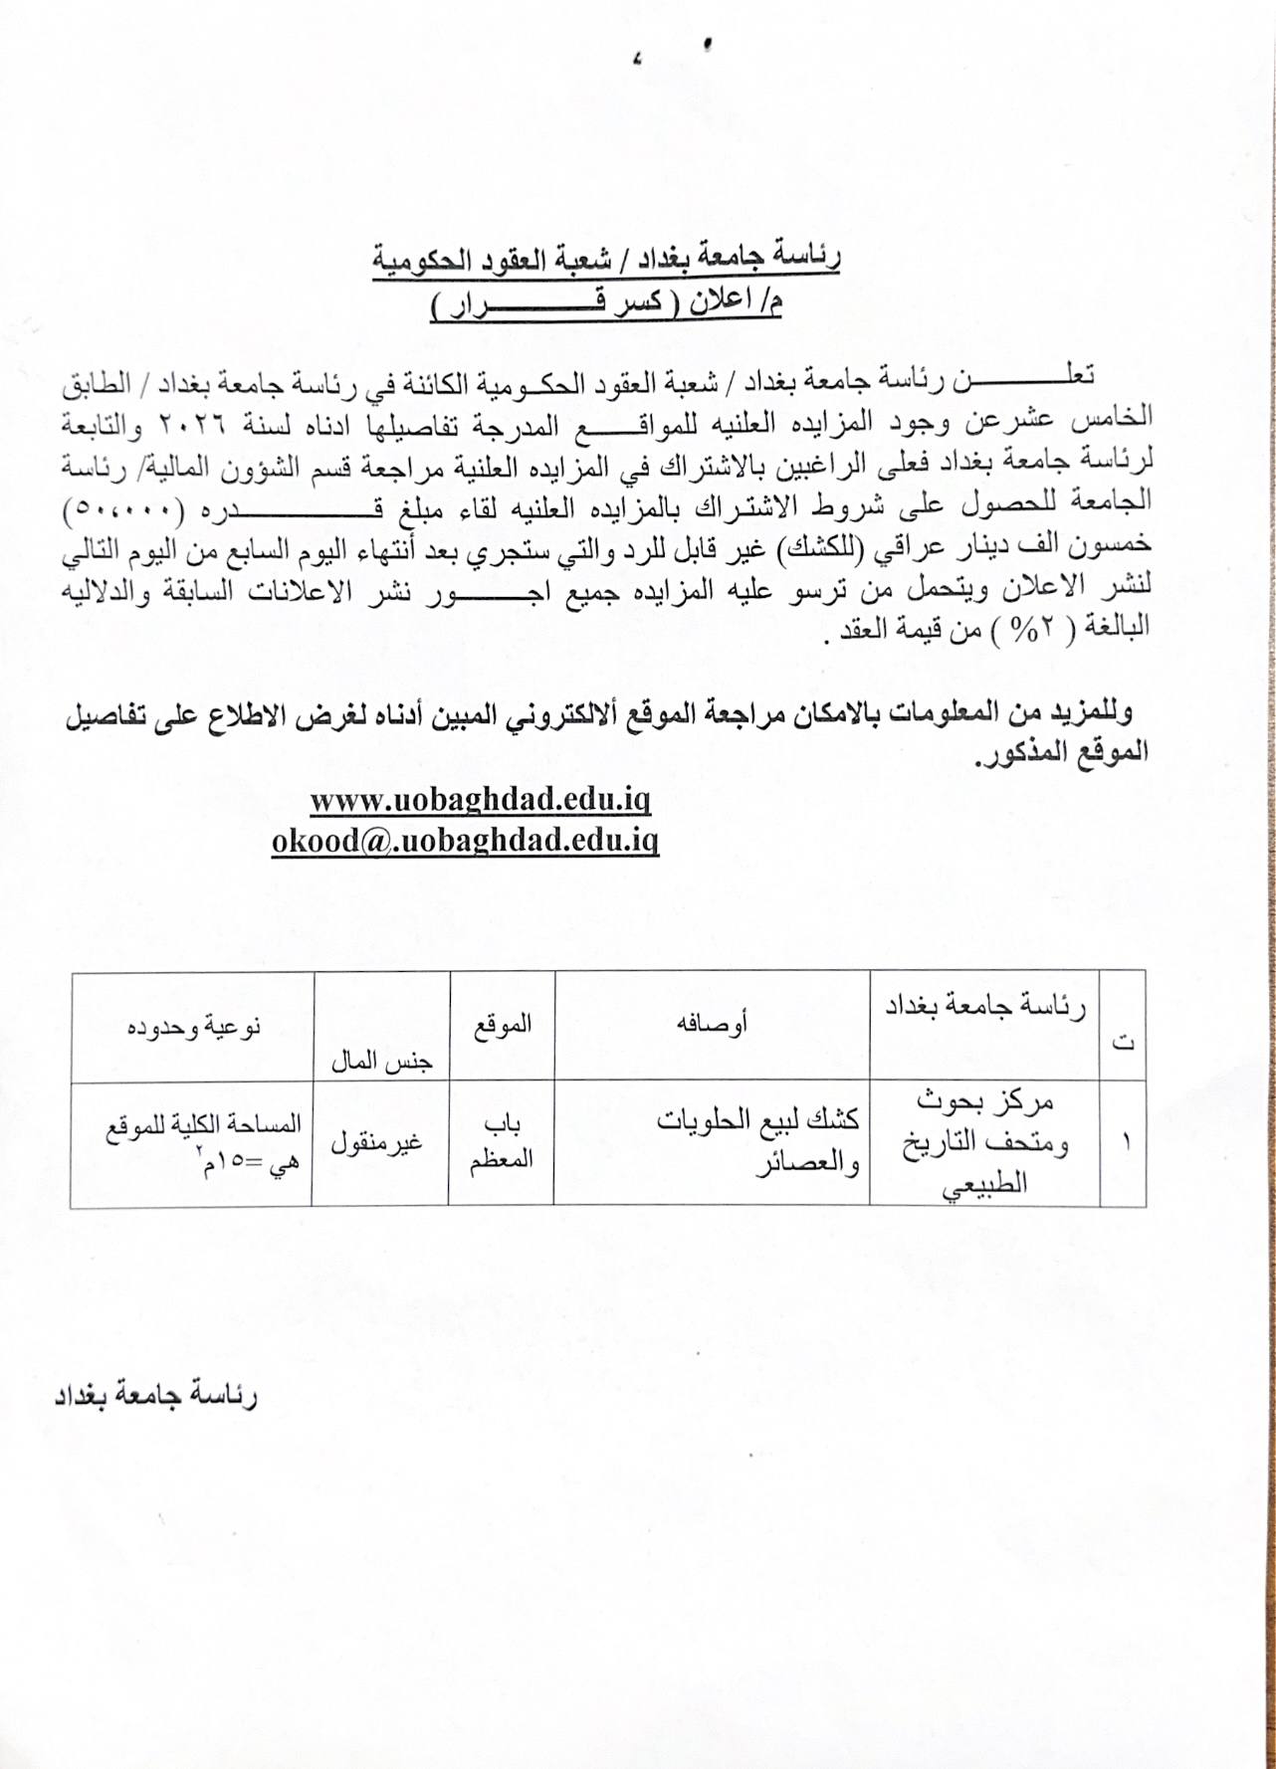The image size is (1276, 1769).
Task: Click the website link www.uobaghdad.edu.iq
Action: [480, 800]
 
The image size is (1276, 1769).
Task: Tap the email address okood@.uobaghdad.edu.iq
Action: [465, 841]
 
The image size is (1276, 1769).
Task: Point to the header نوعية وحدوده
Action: [193, 1025]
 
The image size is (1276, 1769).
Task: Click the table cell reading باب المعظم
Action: [502, 1142]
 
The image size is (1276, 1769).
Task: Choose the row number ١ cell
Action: [1126, 1142]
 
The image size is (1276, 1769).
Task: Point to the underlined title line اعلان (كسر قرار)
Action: [606, 304]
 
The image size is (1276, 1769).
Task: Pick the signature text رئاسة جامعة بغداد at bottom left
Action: [155, 1396]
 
